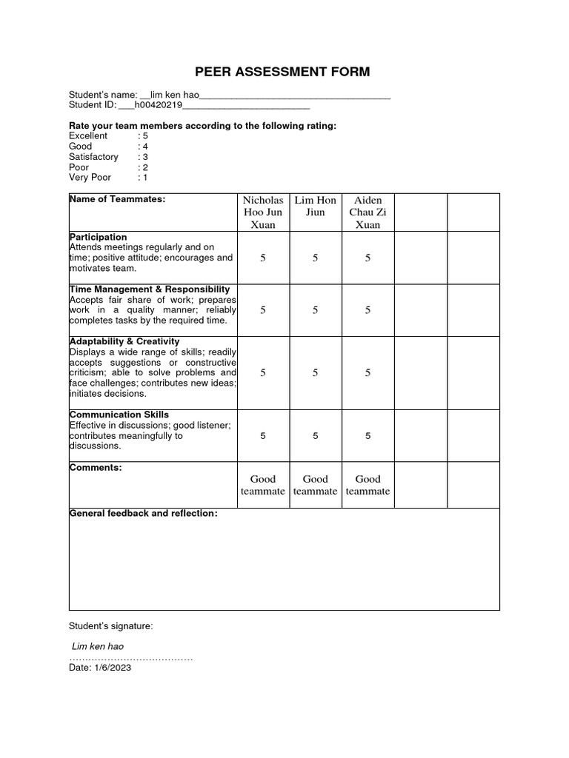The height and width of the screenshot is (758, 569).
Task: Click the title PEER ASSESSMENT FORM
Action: coord(282,72)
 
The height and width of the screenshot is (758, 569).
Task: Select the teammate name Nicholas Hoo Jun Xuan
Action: coord(263,212)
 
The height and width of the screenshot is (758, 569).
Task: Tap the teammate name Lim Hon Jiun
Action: coord(316,207)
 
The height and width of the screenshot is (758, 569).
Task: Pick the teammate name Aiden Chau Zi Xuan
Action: coord(367,212)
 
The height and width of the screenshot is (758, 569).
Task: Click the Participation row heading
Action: coord(98,237)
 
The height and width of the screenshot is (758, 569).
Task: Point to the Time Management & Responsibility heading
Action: coord(149,289)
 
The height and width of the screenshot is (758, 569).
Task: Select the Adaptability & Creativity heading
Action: coord(124,341)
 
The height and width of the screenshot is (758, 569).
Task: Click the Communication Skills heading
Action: coord(119,415)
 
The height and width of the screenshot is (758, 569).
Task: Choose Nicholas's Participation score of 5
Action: coord(263,258)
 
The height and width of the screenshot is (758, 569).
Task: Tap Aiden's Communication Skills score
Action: coord(367,436)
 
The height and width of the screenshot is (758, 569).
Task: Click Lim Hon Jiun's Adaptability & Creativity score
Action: coord(316,373)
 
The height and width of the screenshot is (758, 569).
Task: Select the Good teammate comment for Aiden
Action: coord(367,485)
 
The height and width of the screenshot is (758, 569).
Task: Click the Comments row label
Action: coord(96,468)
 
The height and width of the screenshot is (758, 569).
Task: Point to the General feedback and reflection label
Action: coord(143,513)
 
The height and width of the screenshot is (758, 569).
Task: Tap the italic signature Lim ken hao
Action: coord(97,646)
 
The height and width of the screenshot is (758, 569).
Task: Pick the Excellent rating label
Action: coord(88,136)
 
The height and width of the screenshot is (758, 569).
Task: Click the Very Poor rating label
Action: coord(88,178)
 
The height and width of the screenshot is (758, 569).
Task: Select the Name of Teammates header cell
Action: coord(117,199)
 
